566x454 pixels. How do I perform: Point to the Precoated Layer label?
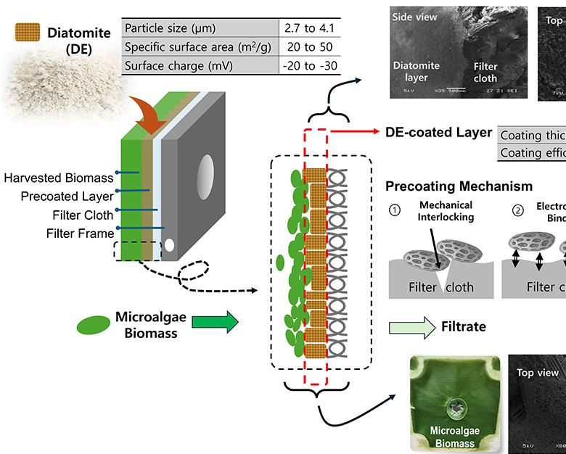pyautogui.click(x=59, y=196)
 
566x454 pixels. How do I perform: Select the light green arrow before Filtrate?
pyautogui.click(x=411, y=326)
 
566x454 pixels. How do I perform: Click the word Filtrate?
pyautogui.click(x=464, y=327)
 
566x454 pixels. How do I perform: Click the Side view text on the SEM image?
pyautogui.click(x=415, y=16)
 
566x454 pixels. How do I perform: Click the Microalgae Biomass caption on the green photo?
pyautogui.click(x=455, y=438)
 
